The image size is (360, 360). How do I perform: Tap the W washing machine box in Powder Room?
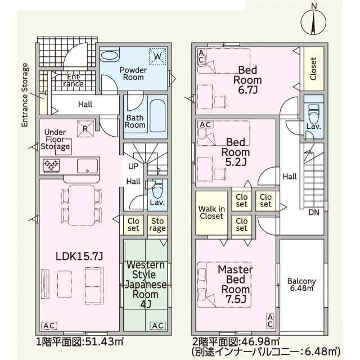point(157,56)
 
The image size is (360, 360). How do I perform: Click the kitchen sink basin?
point(87,165)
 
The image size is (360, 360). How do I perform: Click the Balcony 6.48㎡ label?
point(301,285)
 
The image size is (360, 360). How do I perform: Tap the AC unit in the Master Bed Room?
point(269,321)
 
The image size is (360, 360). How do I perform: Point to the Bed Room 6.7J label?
point(247,80)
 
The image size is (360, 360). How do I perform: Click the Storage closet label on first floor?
point(156,224)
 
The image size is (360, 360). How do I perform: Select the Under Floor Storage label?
point(55,138)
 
